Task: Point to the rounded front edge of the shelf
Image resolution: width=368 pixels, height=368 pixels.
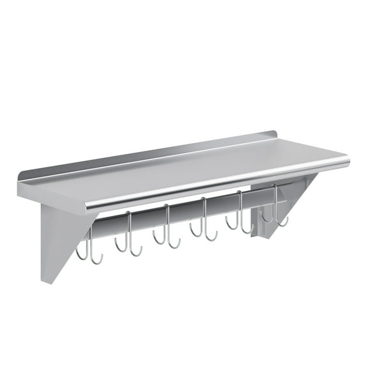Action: point(217,185)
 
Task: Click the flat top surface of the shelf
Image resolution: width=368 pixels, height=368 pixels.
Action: point(185,169)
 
